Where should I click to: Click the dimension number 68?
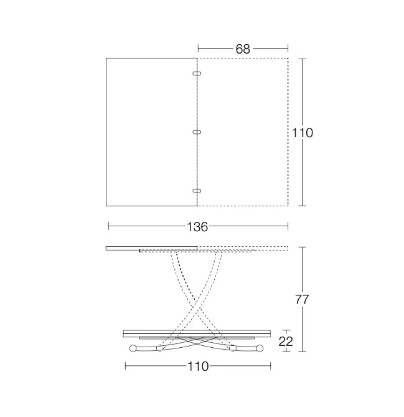pos(243,49)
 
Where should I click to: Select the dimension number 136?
pos(197,227)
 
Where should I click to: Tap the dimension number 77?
pos(302,300)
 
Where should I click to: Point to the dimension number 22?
pos(286,341)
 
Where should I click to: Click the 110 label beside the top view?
pos(303,133)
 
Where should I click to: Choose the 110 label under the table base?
pos(198,367)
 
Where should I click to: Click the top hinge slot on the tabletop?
pos(197,74)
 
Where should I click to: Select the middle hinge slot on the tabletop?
pos(197,132)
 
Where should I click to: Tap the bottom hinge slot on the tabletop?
pos(197,191)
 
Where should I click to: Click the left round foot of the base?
pos(133,348)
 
